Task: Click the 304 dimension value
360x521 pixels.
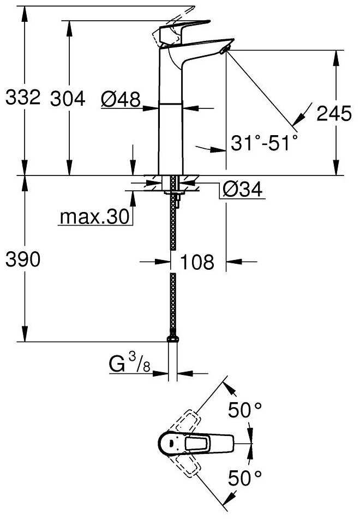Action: (68, 99)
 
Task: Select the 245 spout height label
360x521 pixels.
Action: (334, 113)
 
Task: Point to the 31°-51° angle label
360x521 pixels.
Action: (264, 143)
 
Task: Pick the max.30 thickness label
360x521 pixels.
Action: (95, 217)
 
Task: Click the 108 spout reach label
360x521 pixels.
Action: (197, 262)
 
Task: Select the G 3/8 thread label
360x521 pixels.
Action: (130, 365)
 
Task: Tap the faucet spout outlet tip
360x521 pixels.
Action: (225, 50)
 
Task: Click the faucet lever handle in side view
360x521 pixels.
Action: (185, 28)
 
